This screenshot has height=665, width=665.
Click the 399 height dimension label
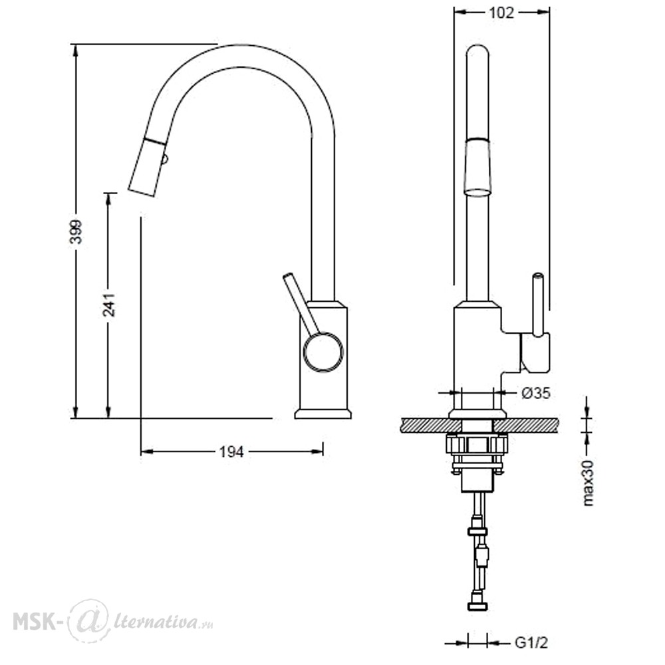(x=76, y=231)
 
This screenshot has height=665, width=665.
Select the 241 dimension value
(x=109, y=305)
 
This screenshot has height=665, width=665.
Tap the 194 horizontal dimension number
(x=231, y=452)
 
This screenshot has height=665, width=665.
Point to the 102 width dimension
(x=501, y=13)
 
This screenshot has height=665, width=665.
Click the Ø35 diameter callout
(x=535, y=393)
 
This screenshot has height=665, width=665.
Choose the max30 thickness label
(x=588, y=482)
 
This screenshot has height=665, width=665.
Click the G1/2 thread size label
(x=531, y=642)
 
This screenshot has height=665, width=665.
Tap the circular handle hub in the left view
(x=323, y=352)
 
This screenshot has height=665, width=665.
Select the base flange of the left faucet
(x=323, y=414)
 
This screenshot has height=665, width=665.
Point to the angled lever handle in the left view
(x=301, y=304)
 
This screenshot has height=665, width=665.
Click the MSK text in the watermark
(x=35, y=622)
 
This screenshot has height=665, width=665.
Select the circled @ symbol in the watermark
(x=88, y=620)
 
